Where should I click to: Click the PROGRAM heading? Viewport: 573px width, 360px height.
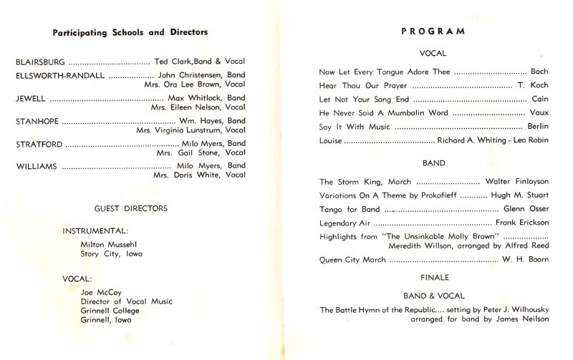pos(434,31)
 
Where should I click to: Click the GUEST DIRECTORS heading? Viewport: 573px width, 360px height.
pos(131,208)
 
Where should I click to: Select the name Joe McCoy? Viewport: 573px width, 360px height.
pos(101,291)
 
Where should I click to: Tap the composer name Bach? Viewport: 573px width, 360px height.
pos(539,72)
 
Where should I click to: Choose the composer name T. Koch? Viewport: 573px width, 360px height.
pos(534,86)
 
